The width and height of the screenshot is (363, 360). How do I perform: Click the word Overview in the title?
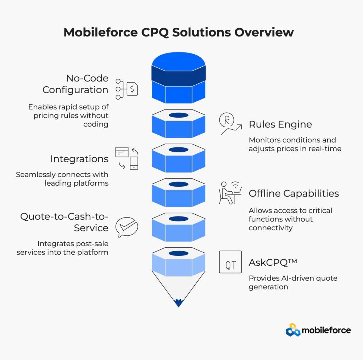point(264,32)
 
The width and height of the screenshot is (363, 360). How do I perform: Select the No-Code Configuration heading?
point(76,84)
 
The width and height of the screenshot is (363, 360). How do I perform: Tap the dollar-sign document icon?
point(132,89)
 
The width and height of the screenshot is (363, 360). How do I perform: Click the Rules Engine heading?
point(280,124)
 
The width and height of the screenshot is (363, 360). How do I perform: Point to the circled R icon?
point(227,120)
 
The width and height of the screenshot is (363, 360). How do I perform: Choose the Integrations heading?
point(79,159)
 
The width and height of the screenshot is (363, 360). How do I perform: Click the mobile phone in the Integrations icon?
point(134,163)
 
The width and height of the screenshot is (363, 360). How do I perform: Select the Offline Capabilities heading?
point(294,193)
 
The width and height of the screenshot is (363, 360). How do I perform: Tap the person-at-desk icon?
point(230,193)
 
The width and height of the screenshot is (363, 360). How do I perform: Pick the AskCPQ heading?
point(273,263)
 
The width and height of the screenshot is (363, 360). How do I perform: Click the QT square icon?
point(230,262)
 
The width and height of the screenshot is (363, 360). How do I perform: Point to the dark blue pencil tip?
point(179,303)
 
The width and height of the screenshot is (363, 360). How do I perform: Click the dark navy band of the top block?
point(179,76)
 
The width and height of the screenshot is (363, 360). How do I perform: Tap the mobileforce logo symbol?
point(293,330)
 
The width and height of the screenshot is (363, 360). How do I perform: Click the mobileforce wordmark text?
point(326,330)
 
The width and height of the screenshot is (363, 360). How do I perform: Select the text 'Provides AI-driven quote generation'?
point(293,282)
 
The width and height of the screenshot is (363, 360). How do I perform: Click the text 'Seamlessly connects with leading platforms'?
point(62,179)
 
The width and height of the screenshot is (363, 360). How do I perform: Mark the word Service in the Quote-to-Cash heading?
point(91,228)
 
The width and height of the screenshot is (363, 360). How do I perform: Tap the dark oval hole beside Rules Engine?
point(179,115)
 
